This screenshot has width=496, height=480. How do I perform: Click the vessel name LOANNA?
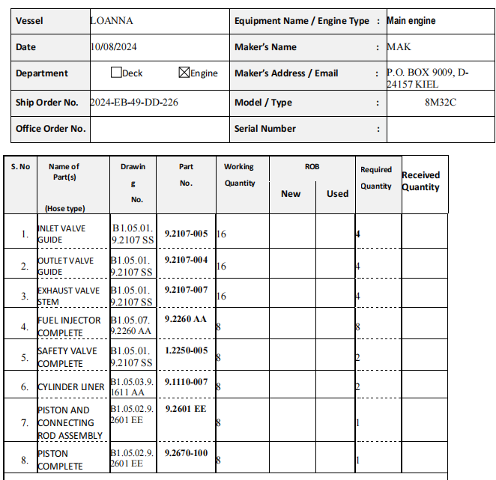112,21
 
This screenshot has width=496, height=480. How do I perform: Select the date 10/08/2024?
114,46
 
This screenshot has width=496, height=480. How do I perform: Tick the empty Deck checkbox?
116,73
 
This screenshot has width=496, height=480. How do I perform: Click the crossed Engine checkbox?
184,73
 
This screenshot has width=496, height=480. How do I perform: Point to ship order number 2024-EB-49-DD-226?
134,102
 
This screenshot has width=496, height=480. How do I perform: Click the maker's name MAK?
399,46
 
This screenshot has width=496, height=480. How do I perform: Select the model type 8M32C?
440,102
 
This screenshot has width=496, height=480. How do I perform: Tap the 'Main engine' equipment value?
411,21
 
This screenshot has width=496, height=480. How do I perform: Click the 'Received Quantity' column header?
420,181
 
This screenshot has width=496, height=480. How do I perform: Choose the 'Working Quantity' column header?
239,174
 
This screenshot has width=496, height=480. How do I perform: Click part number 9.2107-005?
186,234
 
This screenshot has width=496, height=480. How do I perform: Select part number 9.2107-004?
186,261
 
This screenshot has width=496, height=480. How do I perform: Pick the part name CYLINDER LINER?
71,387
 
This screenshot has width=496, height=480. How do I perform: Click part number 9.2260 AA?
186,319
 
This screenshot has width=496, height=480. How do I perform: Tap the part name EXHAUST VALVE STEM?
69,296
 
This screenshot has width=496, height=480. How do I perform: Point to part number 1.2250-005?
186,350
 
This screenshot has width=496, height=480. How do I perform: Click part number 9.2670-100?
186,453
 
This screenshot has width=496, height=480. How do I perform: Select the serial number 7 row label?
24,422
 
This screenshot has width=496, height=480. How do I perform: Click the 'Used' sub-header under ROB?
337,194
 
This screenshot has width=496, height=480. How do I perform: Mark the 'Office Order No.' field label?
51,129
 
